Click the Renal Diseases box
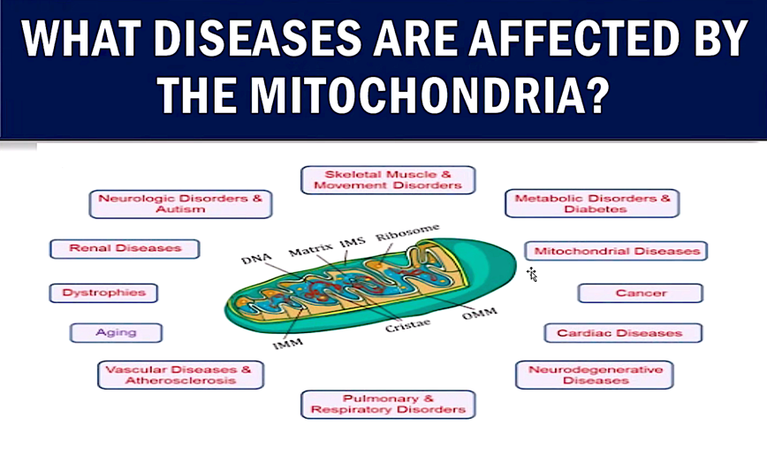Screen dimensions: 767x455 tap(125, 248)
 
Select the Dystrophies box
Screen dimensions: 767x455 tap(103, 293)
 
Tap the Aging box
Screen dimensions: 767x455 tap(116, 333)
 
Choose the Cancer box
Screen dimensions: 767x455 tap(641, 293)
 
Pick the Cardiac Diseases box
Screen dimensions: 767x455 tap(623, 333)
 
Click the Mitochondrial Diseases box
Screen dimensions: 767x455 tap(617, 251)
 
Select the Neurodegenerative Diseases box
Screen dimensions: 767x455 tap(595, 375)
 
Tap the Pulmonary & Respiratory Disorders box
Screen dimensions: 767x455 tap(388, 404)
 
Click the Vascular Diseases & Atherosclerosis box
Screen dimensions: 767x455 tap(180, 375)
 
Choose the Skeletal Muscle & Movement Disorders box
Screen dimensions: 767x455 tap(388, 180)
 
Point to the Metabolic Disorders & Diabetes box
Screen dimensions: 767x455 tap(592, 203)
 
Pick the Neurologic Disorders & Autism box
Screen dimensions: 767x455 tap(180, 204)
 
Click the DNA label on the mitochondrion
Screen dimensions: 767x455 tap(256, 258)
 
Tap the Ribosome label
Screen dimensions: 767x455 tap(407, 232)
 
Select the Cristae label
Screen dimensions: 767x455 tap(407, 325)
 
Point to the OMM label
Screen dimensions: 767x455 tap(479, 314)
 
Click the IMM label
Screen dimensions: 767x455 tap(288, 344)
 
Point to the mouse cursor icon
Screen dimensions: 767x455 tap(532, 275)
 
